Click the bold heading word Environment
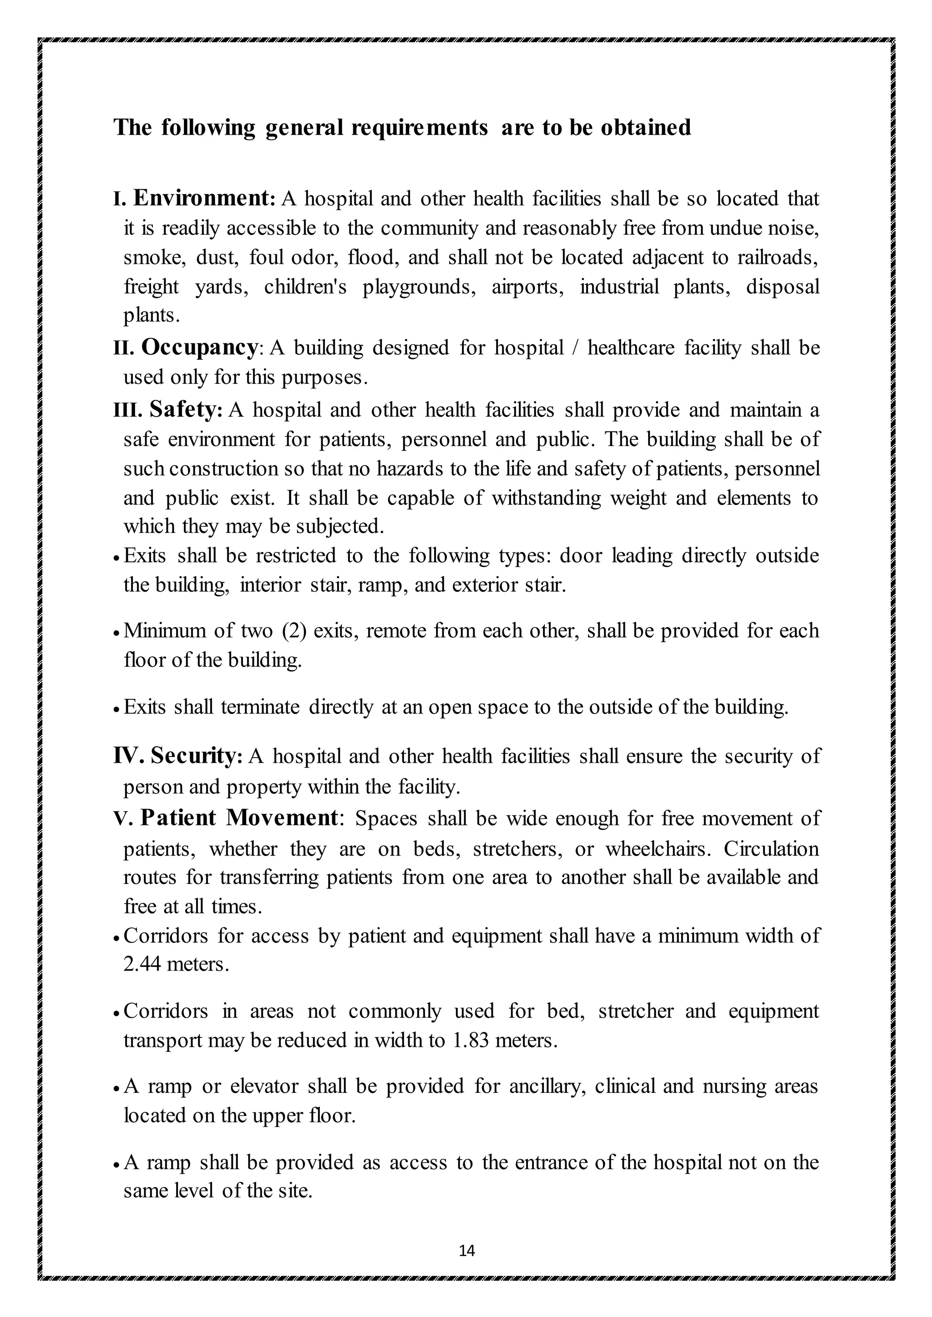click(204, 198)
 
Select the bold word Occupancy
click(200, 347)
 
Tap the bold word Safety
click(185, 410)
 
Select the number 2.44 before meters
click(142, 964)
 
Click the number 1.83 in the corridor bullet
click(471, 1041)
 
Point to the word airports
click(527, 286)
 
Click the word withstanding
click(546, 498)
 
